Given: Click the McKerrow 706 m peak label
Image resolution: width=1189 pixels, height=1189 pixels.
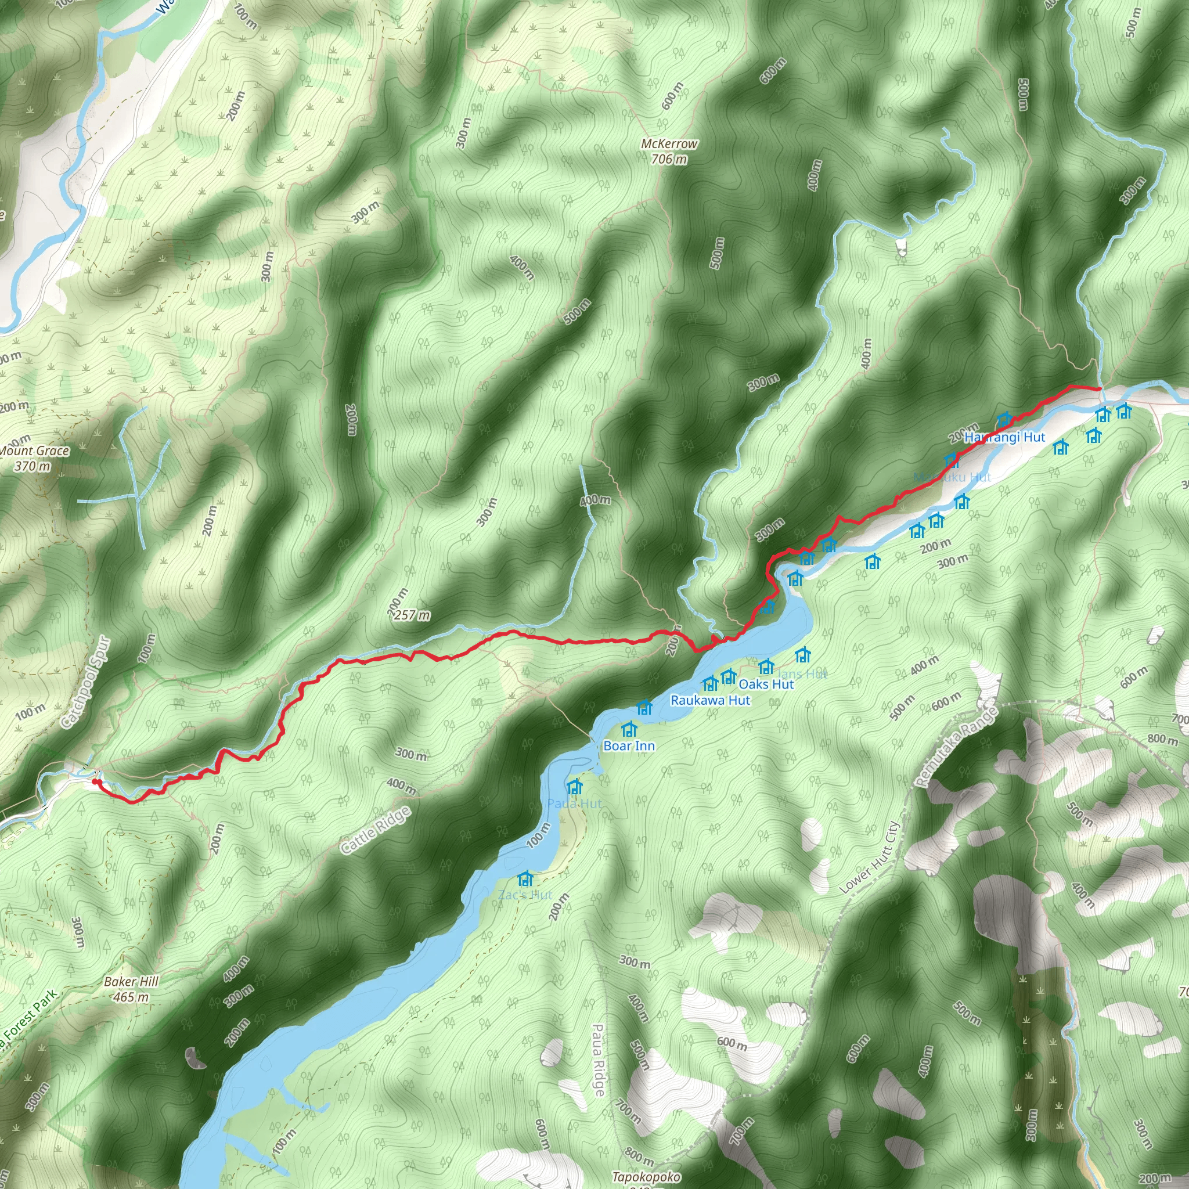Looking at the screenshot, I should point(669,152).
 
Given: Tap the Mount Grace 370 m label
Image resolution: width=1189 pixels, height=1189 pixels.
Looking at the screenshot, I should point(33,459).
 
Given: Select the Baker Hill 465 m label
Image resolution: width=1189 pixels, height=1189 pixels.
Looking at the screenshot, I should point(131,989).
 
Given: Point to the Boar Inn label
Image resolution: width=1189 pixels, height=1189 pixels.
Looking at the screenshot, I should point(629,746).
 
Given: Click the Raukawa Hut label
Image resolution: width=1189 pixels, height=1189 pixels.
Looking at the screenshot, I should point(710,700).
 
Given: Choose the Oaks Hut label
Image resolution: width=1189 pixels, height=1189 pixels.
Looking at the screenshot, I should point(766,684).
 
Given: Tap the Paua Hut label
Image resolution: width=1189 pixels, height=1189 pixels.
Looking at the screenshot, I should point(574,804).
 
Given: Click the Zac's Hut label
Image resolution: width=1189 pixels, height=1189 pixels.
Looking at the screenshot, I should point(525,895).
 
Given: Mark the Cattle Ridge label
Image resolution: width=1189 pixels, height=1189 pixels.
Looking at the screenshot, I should point(376,830).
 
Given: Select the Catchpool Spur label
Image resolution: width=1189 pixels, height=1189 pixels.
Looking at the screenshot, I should point(86,683).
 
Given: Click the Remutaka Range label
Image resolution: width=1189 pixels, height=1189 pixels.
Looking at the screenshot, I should point(955,747).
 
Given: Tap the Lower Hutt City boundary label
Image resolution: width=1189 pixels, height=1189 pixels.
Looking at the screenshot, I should point(870,857).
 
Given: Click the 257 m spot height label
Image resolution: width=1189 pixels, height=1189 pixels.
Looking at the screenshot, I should point(412,615).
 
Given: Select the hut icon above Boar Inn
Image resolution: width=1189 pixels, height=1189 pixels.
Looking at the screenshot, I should point(629,729).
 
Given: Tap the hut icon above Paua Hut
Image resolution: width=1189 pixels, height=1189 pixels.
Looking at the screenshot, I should point(574,787).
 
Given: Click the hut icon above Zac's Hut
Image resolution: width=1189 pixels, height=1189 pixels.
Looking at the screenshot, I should point(525,878).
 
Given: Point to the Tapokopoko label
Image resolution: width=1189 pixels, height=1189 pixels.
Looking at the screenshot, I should point(646,1177).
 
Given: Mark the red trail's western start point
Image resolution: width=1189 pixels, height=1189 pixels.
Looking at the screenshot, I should point(95,781).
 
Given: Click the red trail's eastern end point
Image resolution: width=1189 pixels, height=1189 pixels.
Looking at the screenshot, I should point(1099,389).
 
